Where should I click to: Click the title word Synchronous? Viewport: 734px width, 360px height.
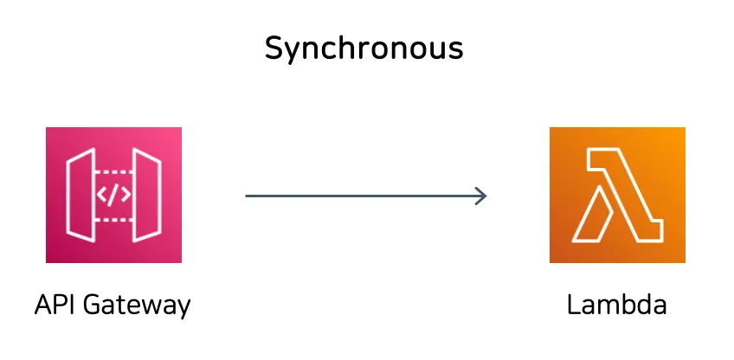(x=364, y=49)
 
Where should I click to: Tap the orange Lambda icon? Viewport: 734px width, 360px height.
(x=617, y=195)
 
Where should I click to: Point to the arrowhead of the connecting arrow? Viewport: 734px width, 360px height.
(x=482, y=196)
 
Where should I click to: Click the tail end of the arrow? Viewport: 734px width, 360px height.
(x=248, y=196)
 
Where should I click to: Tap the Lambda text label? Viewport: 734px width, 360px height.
(x=617, y=305)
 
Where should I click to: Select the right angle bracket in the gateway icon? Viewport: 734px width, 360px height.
(x=126, y=195)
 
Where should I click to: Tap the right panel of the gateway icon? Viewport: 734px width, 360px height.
(x=150, y=195)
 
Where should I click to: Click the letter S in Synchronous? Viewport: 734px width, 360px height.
(x=274, y=48)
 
